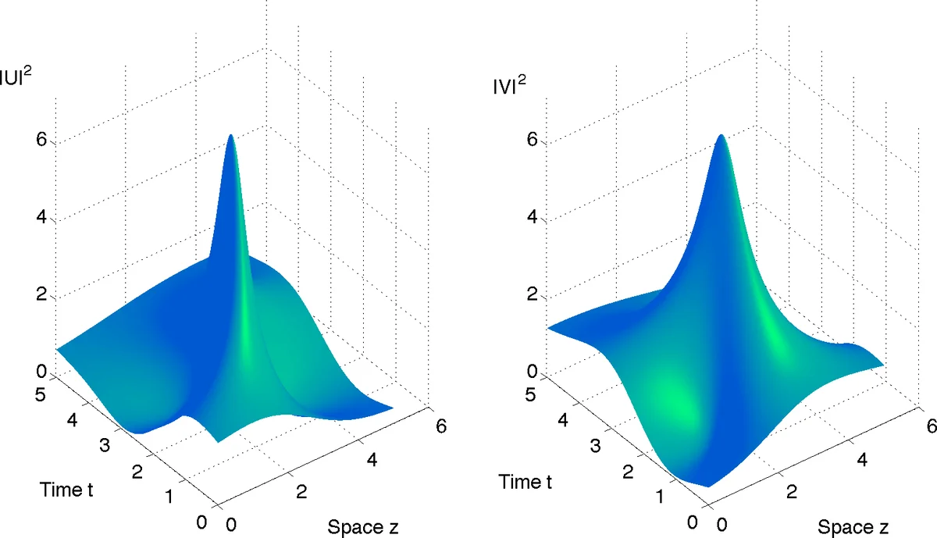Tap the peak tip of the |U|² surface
pyautogui.click(x=230, y=136)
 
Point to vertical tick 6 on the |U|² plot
pyautogui.click(x=41, y=141)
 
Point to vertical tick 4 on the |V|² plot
pyautogui.click(x=531, y=217)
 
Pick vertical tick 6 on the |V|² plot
pyautogui.click(x=531, y=141)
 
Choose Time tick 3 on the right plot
pyautogui.click(x=594, y=447)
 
